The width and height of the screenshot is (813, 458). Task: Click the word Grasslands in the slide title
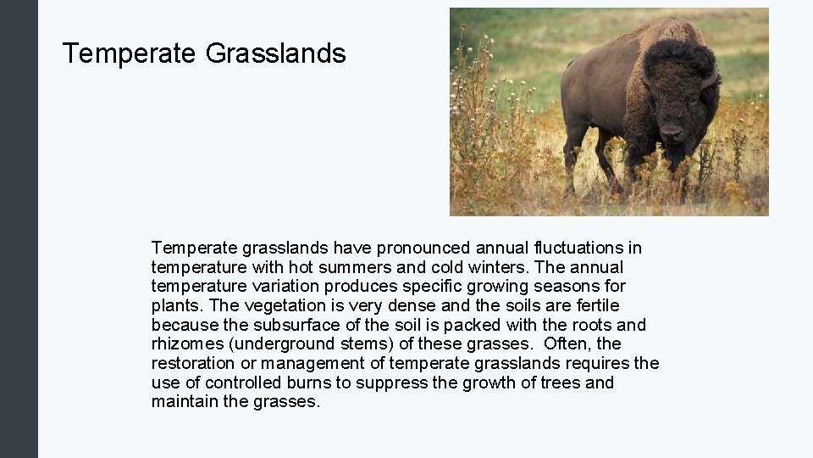[275, 54]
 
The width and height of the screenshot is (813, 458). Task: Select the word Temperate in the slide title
[130, 54]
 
